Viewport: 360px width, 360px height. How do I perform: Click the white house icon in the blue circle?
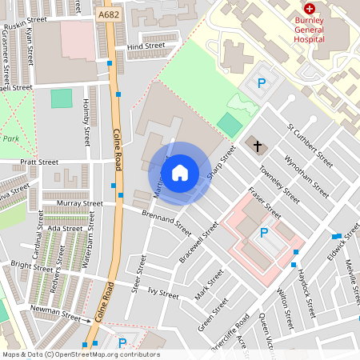(x=180, y=172)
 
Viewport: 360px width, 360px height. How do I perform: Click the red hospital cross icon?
(x=309, y=7)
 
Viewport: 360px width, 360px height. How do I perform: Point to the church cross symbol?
(x=257, y=146)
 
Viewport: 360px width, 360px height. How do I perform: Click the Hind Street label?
(x=146, y=46)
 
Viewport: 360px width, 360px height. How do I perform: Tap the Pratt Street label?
(x=40, y=162)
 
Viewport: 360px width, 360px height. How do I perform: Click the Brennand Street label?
(x=166, y=222)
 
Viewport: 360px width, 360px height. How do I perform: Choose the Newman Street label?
(x=56, y=309)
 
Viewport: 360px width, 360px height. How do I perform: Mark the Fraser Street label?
(x=264, y=203)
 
